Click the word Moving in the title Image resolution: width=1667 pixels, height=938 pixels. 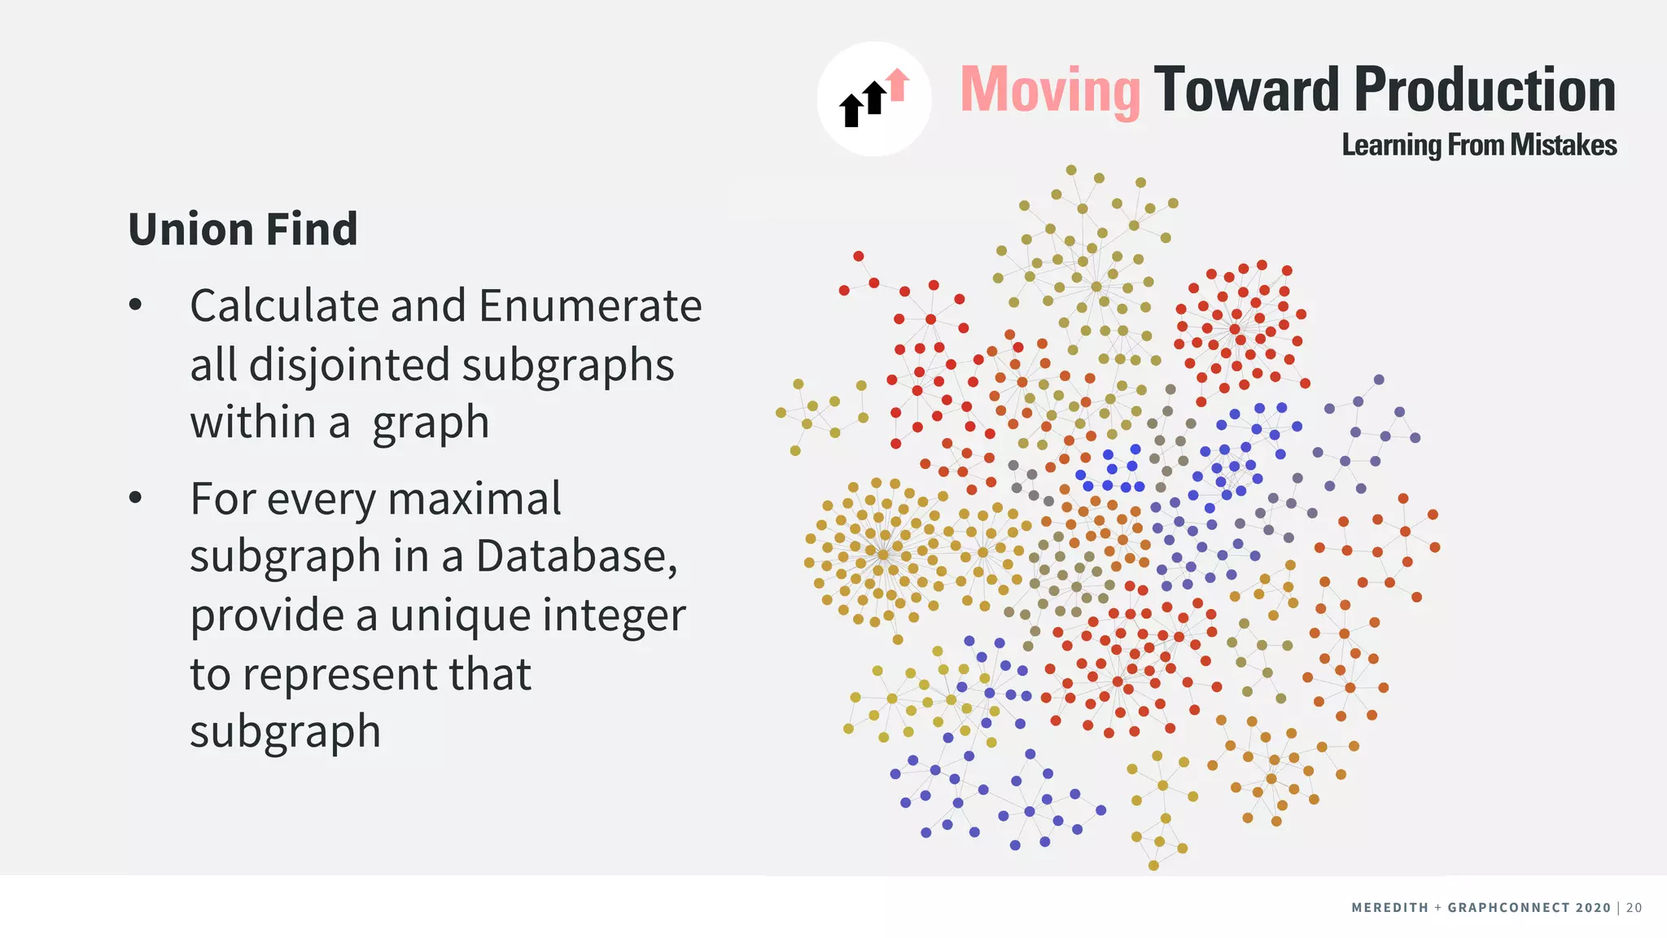pyautogui.click(x=1050, y=90)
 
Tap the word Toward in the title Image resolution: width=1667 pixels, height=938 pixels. pyautogui.click(x=1246, y=90)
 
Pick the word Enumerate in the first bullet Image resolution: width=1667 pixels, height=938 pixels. pyautogui.click(x=590, y=306)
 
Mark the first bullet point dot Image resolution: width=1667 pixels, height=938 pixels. pyautogui.click(x=135, y=305)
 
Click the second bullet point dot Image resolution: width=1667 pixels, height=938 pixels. pyautogui.click(x=135, y=497)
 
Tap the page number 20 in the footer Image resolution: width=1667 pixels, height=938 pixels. pyautogui.click(x=1634, y=908)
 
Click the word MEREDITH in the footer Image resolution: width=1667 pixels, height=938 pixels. pyautogui.click(x=1389, y=908)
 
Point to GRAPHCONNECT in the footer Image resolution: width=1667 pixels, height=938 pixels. pyautogui.click(x=1510, y=908)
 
